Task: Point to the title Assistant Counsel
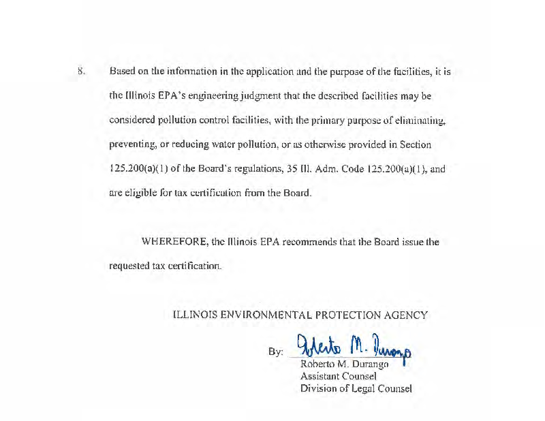click(339, 377)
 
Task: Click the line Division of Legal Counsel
click(356, 389)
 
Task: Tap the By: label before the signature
click(276, 352)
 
